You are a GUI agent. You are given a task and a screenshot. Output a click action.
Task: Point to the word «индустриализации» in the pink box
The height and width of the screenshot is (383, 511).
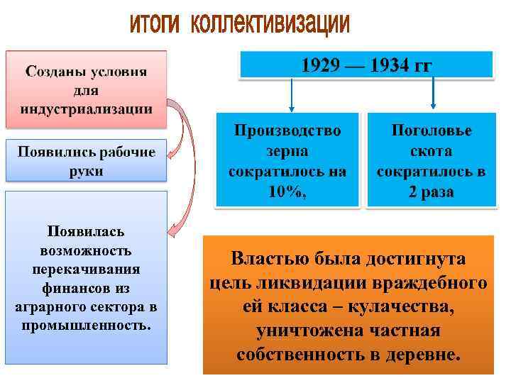click(x=87, y=109)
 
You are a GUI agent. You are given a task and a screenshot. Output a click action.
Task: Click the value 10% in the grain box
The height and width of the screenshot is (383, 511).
click(x=286, y=192)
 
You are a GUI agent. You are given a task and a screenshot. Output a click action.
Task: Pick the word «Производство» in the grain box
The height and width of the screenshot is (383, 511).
click(x=288, y=131)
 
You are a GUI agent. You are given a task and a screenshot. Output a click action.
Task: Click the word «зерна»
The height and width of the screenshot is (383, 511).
click(x=288, y=151)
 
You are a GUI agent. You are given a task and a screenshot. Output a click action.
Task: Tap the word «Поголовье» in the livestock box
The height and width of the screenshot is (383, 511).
click(x=432, y=131)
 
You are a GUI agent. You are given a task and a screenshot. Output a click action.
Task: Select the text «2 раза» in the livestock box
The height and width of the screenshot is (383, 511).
click(x=431, y=192)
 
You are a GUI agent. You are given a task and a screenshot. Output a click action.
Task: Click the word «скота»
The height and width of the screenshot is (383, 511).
click(x=431, y=151)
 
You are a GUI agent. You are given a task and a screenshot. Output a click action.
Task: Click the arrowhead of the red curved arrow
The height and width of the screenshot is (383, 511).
click(x=171, y=229)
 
